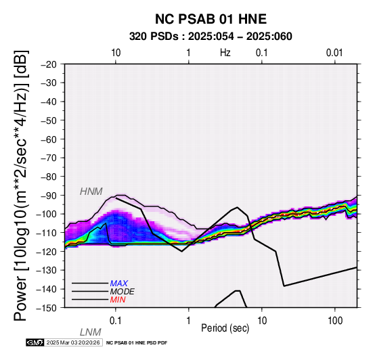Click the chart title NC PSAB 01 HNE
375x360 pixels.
tap(211, 19)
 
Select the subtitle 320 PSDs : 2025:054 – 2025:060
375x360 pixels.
tap(211, 37)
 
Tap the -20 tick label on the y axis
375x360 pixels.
tap(49, 64)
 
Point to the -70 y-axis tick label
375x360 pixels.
tap(49, 158)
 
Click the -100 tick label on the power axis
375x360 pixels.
tap(47, 215)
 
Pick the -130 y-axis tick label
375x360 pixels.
tap(47, 271)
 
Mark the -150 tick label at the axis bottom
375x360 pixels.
tap(47, 308)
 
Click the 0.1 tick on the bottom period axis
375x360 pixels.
tap(116, 321)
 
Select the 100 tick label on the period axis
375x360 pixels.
tap(335, 321)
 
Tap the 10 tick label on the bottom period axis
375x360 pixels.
tap(262, 321)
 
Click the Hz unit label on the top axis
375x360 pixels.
tap(225, 53)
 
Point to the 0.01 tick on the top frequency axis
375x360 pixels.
tap(335, 53)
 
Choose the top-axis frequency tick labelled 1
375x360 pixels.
tap(189, 53)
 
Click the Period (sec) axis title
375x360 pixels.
tap(225, 328)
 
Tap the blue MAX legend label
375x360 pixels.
tap(119, 284)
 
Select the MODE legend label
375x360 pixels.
tap(123, 292)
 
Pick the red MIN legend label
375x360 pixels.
tap(118, 300)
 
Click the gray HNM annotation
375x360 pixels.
tap(91, 192)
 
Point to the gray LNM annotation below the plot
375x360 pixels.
tap(91, 332)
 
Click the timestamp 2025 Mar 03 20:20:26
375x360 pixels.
tap(73, 343)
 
